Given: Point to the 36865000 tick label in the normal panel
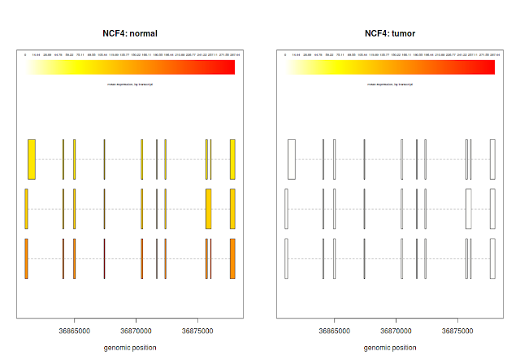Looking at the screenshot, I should (75, 332).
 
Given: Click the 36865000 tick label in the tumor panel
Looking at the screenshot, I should (335, 332).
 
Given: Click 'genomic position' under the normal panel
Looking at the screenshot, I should (130, 348).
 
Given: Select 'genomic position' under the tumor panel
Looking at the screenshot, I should (390, 348).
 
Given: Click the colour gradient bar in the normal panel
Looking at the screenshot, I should (130, 67).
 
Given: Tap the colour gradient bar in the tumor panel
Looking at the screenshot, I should (390, 67).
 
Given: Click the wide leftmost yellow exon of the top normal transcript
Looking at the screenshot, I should (32, 158).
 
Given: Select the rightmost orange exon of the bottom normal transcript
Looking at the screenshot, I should (232, 258).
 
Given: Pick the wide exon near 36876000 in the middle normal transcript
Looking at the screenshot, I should (208, 209).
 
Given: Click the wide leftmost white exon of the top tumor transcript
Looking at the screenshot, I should (292, 158).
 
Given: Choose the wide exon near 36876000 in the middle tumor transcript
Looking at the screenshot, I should (468, 209).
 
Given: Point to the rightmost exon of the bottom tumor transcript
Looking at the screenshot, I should (492, 258).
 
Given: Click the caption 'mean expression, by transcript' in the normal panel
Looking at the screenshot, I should (130, 84).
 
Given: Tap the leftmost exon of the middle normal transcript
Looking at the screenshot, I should (26, 209).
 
